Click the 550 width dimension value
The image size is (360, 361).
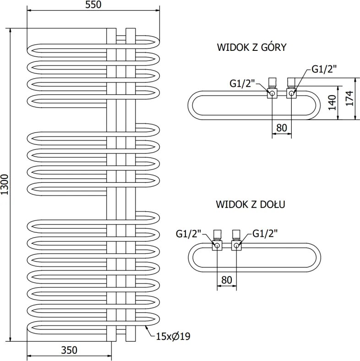pos(93,5)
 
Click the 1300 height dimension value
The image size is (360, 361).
pos(5,185)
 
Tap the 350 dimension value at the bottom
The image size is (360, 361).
pos(69,350)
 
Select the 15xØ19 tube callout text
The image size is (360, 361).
pos(173,336)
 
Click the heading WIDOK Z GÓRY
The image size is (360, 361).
pos(251,47)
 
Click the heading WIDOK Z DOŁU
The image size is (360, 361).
pos(251,204)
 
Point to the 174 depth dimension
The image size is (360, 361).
pos(349,98)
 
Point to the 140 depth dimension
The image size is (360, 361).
pos(332,103)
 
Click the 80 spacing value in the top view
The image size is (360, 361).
pos(282,128)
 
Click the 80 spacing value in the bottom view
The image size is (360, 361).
pos(227,280)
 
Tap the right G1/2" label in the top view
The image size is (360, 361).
pos(324,69)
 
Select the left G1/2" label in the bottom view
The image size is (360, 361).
pos(189,234)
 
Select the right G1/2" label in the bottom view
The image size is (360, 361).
pos(265,234)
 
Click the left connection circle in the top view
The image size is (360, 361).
pos(272,93)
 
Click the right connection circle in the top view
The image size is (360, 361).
pos(291,93)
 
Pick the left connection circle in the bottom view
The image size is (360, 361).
pos(217,246)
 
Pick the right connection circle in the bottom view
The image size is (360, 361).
pos(236,246)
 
